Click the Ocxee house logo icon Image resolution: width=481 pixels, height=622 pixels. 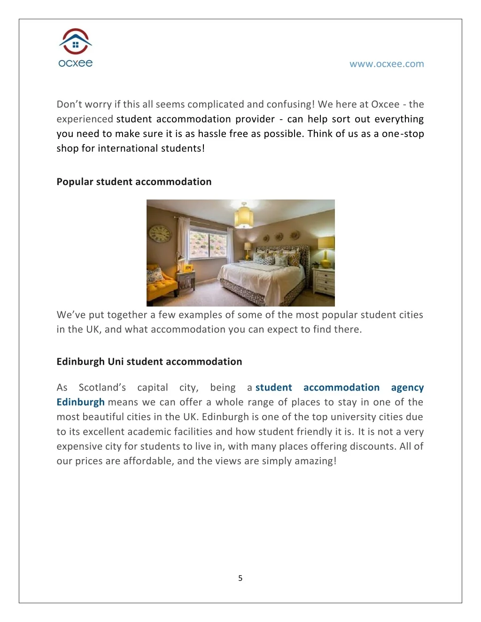pyautogui.click(x=76, y=42)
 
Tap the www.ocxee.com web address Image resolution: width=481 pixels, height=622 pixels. pyautogui.click(x=386, y=64)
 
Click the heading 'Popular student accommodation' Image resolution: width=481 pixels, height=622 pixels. pyautogui.click(x=134, y=182)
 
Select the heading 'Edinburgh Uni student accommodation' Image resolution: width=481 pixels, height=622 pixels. pyautogui.click(x=149, y=361)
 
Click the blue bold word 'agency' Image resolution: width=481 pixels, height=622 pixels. pyautogui.click(x=407, y=387)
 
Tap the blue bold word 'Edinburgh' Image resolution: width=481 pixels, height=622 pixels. pyautogui.click(x=80, y=402)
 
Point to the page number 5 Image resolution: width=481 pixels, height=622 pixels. pyautogui.click(x=240, y=578)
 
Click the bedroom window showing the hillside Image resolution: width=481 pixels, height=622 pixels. pyautogui.click(x=207, y=245)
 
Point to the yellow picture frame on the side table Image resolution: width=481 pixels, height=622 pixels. pyautogui.click(x=188, y=269)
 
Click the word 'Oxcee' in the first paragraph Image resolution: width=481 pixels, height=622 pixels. pyautogui.click(x=385, y=104)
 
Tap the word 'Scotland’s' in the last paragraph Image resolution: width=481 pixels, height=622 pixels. pyautogui.click(x=102, y=387)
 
